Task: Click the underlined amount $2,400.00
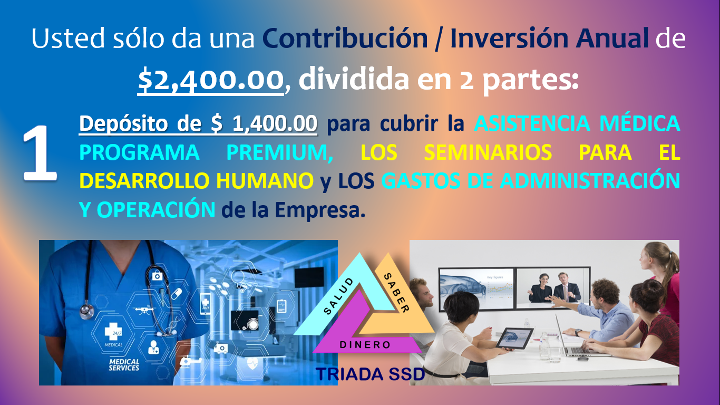211,80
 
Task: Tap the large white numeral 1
40,153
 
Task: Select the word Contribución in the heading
345,38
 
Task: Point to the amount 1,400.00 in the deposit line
275,123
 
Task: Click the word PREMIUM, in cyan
280,152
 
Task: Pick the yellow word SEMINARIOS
488,152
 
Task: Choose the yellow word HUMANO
265,181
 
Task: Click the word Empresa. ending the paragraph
320,210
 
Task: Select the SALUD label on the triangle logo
338,296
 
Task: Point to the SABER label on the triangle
397,293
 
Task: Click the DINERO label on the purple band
365,345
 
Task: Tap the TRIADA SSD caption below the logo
371,374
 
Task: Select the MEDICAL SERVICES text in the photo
124,365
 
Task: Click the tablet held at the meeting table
514,338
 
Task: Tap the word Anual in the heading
611,38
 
